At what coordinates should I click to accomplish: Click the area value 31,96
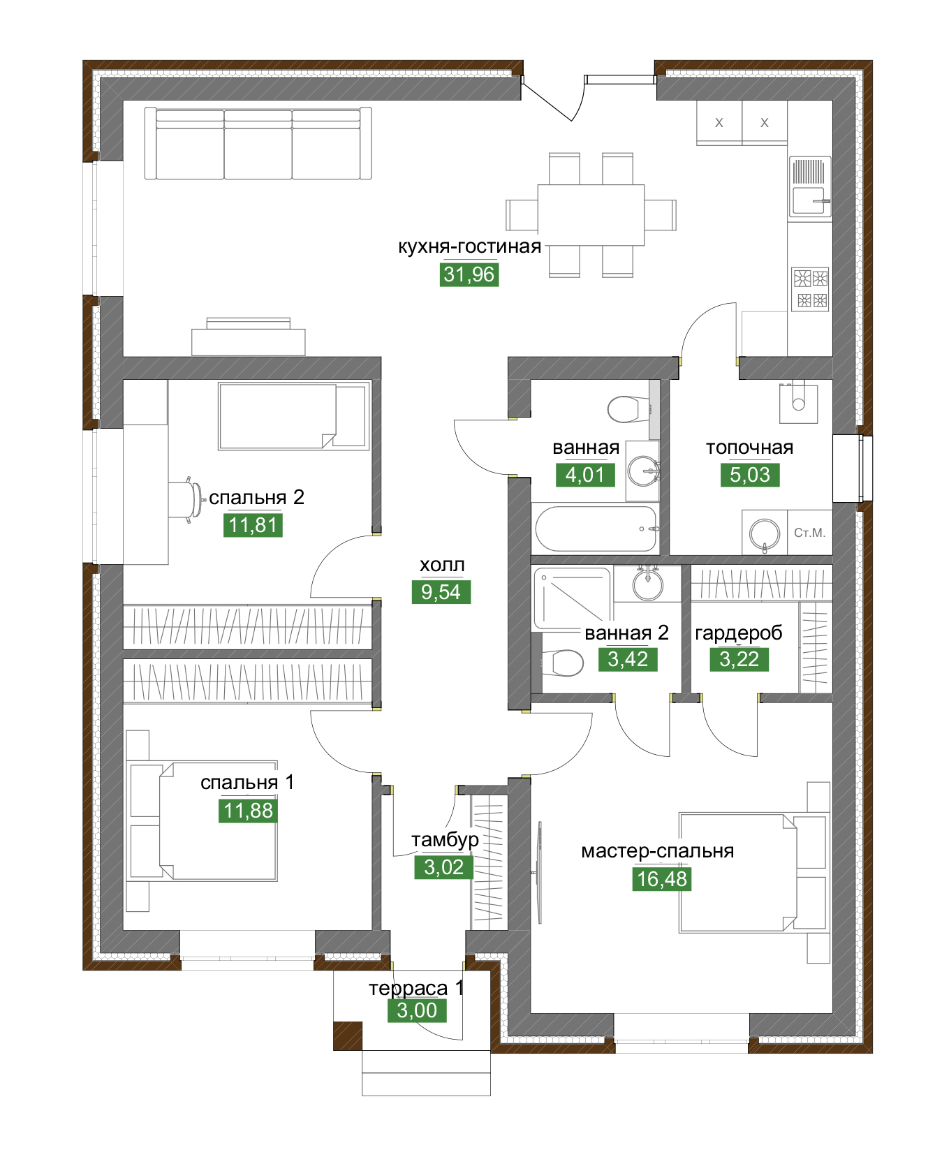(x=469, y=274)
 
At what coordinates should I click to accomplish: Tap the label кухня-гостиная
(x=469, y=246)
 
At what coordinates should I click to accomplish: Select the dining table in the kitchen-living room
(x=591, y=214)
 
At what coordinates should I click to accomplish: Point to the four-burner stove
(x=810, y=289)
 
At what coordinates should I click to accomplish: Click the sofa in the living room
(x=258, y=143)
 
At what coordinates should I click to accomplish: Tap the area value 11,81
(x=253, y=525)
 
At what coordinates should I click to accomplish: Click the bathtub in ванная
(x=596, y=529)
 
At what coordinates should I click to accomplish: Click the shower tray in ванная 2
(x=572, y=598)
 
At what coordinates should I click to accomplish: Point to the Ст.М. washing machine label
(x=809, y=533)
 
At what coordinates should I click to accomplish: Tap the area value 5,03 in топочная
(x=750, y=475)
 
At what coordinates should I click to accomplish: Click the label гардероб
(x=738, y=633)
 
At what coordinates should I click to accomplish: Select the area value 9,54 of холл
(x=441, y=592)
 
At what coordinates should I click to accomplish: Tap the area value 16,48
(x=662, y=878)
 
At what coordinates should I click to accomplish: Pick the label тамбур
(x=445, y=839)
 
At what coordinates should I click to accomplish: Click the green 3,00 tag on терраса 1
(x=417, y=1010)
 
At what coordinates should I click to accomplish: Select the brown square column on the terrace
(x=348, y=1035)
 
